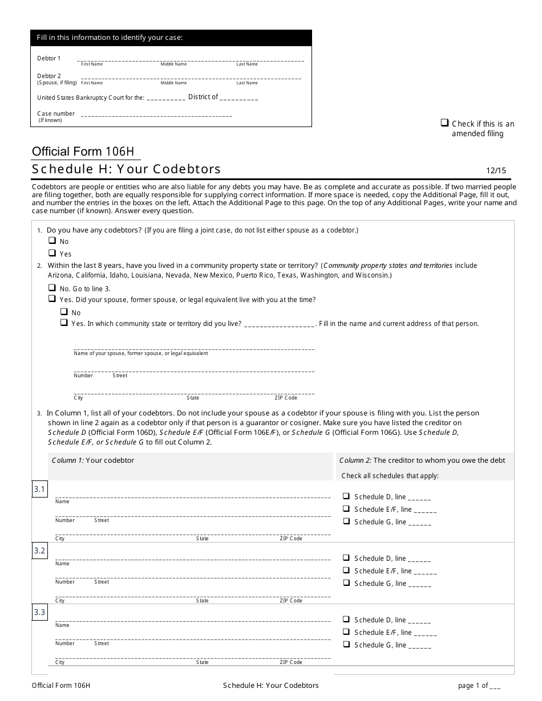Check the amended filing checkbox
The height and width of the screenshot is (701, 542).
point(444,123)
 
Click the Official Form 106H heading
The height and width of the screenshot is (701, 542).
point(83,152)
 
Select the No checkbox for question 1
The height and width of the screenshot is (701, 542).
point(52,241)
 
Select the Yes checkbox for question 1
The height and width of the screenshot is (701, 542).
point(52,253)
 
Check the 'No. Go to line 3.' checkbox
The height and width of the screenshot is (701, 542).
point(52,288)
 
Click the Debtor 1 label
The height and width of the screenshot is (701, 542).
point(49,58)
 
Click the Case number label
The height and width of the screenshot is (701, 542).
point(56,114)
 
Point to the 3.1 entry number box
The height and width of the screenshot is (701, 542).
point(39,490)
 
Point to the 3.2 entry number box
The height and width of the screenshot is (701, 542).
point(39,551)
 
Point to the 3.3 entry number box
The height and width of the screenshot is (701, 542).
point(39,613)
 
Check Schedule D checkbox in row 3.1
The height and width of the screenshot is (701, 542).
point(346,496)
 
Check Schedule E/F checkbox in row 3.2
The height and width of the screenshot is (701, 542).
point(346,570)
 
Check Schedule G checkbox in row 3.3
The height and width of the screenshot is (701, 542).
point(346,644)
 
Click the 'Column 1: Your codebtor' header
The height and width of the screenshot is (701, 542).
point(93,460)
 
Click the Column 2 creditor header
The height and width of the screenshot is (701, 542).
point(422,460)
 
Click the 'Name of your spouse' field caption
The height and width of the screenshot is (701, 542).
point(141,353)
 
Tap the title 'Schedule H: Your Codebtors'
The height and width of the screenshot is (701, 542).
point(126,169)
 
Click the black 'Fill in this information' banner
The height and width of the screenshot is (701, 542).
point(171,38)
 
